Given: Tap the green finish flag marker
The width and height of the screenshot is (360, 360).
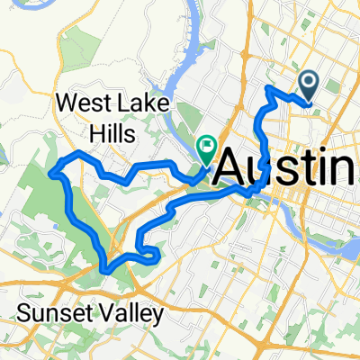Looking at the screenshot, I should tap(208, 145).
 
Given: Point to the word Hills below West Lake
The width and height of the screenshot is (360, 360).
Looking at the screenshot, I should tap(109, 134).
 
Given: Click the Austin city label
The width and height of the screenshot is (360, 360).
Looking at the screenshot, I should tap(286, 167).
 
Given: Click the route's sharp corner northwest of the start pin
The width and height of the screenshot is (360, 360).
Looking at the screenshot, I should tap(268, 87).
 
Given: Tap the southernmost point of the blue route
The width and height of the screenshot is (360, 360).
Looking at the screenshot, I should tap(108, 269).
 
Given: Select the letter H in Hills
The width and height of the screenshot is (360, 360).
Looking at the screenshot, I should tap(88, 134).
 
